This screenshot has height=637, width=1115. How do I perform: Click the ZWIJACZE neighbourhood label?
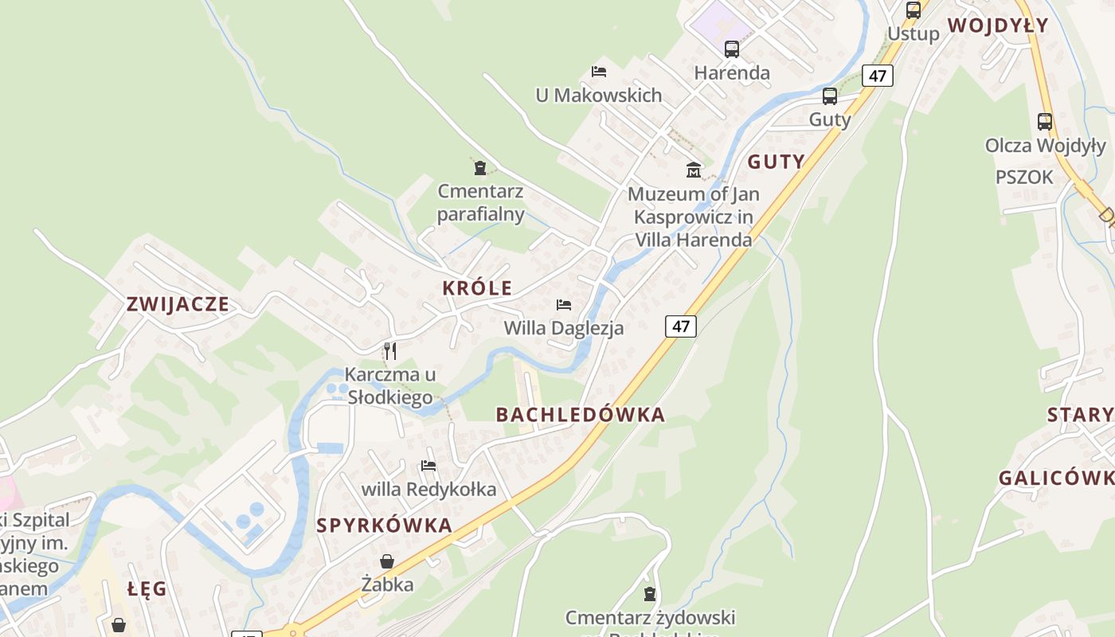click(x=178, y=304)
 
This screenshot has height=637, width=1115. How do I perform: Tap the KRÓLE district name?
click(x=478, y=288)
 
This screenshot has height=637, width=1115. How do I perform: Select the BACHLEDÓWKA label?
click(x=580, y=415)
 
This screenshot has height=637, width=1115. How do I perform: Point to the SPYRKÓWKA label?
click(x=385, y=526)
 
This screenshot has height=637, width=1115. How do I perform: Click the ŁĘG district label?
click(x=147, y=589)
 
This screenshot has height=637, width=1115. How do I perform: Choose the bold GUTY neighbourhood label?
click(x=777, y=162)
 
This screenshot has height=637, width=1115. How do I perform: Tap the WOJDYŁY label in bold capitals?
click(x=998, y=25)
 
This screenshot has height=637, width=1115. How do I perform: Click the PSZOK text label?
click(x=1024, y=178)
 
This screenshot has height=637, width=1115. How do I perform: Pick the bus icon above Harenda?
click(x=732, y=49)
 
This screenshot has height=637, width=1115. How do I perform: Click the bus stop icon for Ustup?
click(x=914, y=10)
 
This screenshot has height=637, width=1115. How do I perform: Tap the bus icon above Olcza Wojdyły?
click(x=1045, y=122)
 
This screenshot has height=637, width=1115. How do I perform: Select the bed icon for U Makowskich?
click(x=599, y=72)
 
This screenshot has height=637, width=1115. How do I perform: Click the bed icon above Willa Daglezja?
click(x=564, y=305)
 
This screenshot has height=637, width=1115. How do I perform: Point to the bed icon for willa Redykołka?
click(x=428, y=466)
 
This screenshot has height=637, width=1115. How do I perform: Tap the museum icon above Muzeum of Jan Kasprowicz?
click(x=694, y=170)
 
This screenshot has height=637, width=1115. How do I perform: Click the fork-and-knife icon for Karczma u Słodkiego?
click(x=390, y=351)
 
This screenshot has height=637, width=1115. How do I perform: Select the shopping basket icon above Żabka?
click(x=387, y=561)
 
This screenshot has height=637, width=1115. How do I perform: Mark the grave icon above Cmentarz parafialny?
click(x=480, y=168)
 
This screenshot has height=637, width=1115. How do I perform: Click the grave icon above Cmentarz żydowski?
click(x=650, y=594)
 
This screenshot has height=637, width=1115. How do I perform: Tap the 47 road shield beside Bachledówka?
click(x=681, y=326)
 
